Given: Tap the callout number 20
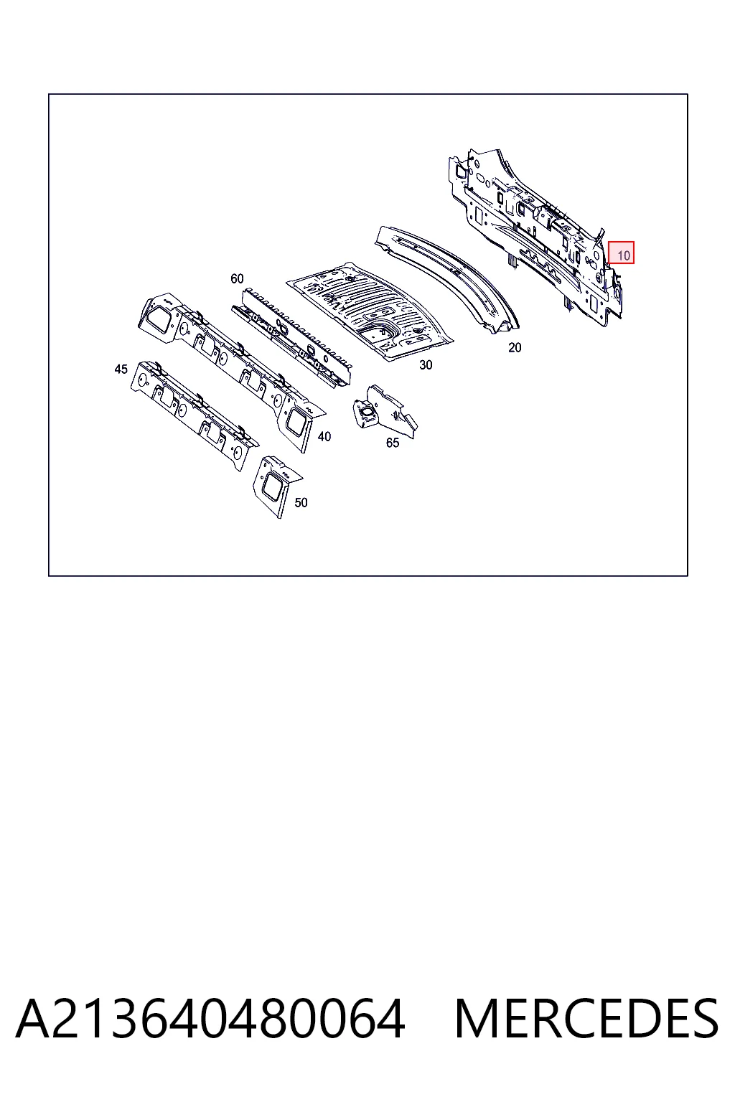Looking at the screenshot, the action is pos(515,347).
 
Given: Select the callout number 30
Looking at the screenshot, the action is pos(426,364).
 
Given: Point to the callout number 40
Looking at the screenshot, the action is pos(324,436).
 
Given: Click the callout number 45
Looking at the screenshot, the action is pos(121,369).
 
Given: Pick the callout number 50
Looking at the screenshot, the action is pos(301,502).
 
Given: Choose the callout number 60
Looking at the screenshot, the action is pos(237,278).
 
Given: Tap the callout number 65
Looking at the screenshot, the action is pos(393,443).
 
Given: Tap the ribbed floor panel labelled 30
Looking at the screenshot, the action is pos(369,311).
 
